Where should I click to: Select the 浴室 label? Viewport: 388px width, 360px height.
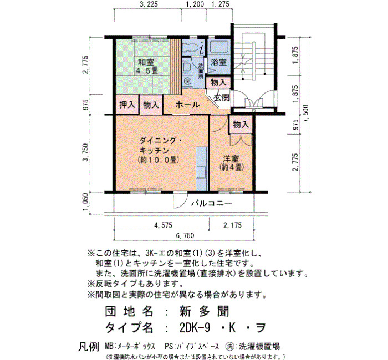219,62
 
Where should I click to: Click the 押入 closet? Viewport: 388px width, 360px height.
127,105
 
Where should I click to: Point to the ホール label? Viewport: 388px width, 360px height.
187,105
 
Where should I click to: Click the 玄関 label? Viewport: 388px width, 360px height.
222,97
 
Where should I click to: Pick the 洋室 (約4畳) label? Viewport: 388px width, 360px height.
231,163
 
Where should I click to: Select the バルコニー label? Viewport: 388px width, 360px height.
212,203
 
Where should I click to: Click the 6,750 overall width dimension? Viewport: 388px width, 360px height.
185,235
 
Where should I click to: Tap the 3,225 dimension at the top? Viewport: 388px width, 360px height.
149,4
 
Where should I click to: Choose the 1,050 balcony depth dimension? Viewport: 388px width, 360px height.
85,202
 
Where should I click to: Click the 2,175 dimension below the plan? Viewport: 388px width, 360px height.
232,225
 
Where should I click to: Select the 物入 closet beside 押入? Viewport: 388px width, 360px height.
151,105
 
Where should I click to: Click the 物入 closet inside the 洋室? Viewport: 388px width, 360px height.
241,125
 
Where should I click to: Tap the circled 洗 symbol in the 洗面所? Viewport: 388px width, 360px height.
187,80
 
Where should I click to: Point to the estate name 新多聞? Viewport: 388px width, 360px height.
203,311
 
